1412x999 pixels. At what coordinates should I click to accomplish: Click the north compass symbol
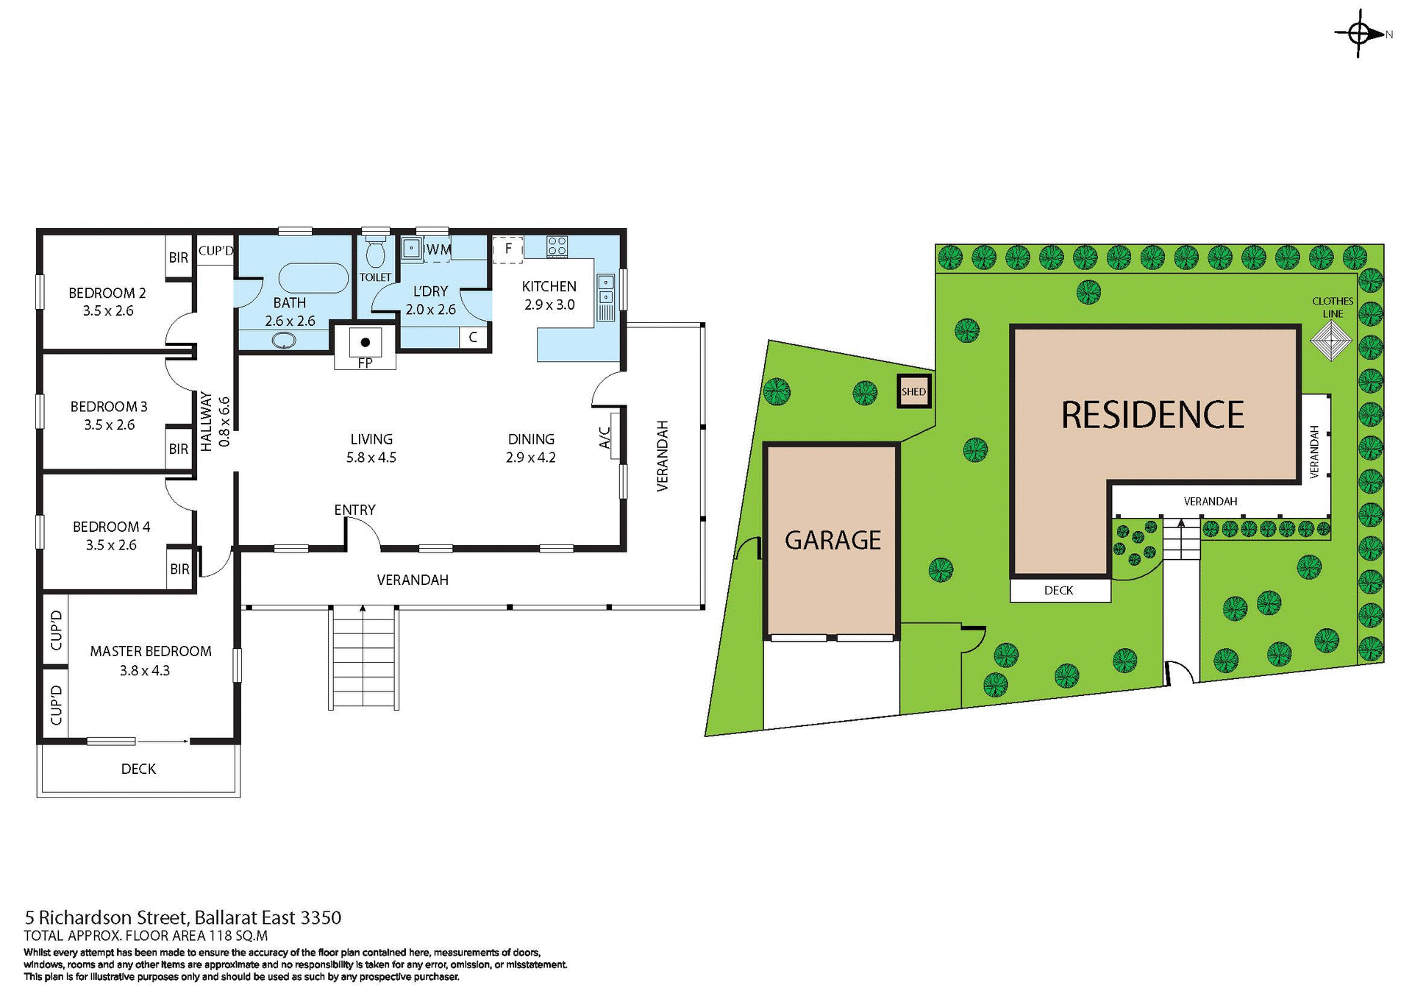coord(1359,34)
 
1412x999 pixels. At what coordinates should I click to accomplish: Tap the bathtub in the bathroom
coord(313,278)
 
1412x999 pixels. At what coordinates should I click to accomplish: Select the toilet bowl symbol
coord(376,254)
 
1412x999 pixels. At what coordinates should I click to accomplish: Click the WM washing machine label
coord(438,249)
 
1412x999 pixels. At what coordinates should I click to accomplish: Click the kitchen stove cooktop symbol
coord(557,246)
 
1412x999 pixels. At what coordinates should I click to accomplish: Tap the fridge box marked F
coord(507,249)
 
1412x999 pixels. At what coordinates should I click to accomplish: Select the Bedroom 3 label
coord(109,407)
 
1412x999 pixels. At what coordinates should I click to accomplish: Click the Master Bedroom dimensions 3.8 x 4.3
coord(145,670)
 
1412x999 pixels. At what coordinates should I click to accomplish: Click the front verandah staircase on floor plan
coord(363,658)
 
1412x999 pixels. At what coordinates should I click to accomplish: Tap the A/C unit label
coord(605,438)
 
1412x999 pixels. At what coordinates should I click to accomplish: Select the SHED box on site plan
coord(914,391)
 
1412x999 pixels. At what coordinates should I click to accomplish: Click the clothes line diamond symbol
coord(1331,341)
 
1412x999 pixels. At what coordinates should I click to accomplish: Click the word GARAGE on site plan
coord(832,541)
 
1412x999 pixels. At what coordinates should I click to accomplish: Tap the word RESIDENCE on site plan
coord(1152,415)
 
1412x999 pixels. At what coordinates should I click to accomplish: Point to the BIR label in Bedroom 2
coord(179,257)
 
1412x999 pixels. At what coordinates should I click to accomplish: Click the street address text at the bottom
coord(183,917)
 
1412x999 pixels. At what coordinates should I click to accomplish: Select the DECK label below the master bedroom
coord(138,769)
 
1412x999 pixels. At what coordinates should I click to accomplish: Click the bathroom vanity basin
coord(284,341)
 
